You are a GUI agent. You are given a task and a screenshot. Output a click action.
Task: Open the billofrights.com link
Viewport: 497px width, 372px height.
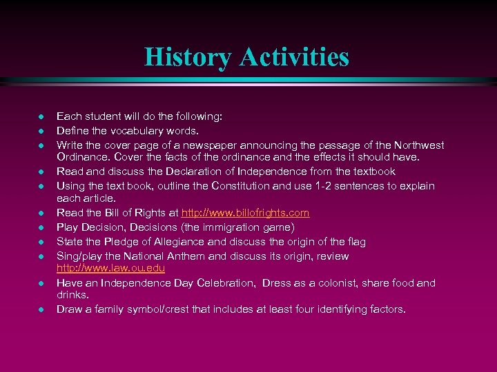(245, 214)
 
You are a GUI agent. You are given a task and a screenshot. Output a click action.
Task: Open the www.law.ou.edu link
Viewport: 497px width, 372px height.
(110, 267)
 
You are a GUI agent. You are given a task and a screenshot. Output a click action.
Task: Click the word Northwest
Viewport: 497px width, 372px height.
(419, 145)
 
